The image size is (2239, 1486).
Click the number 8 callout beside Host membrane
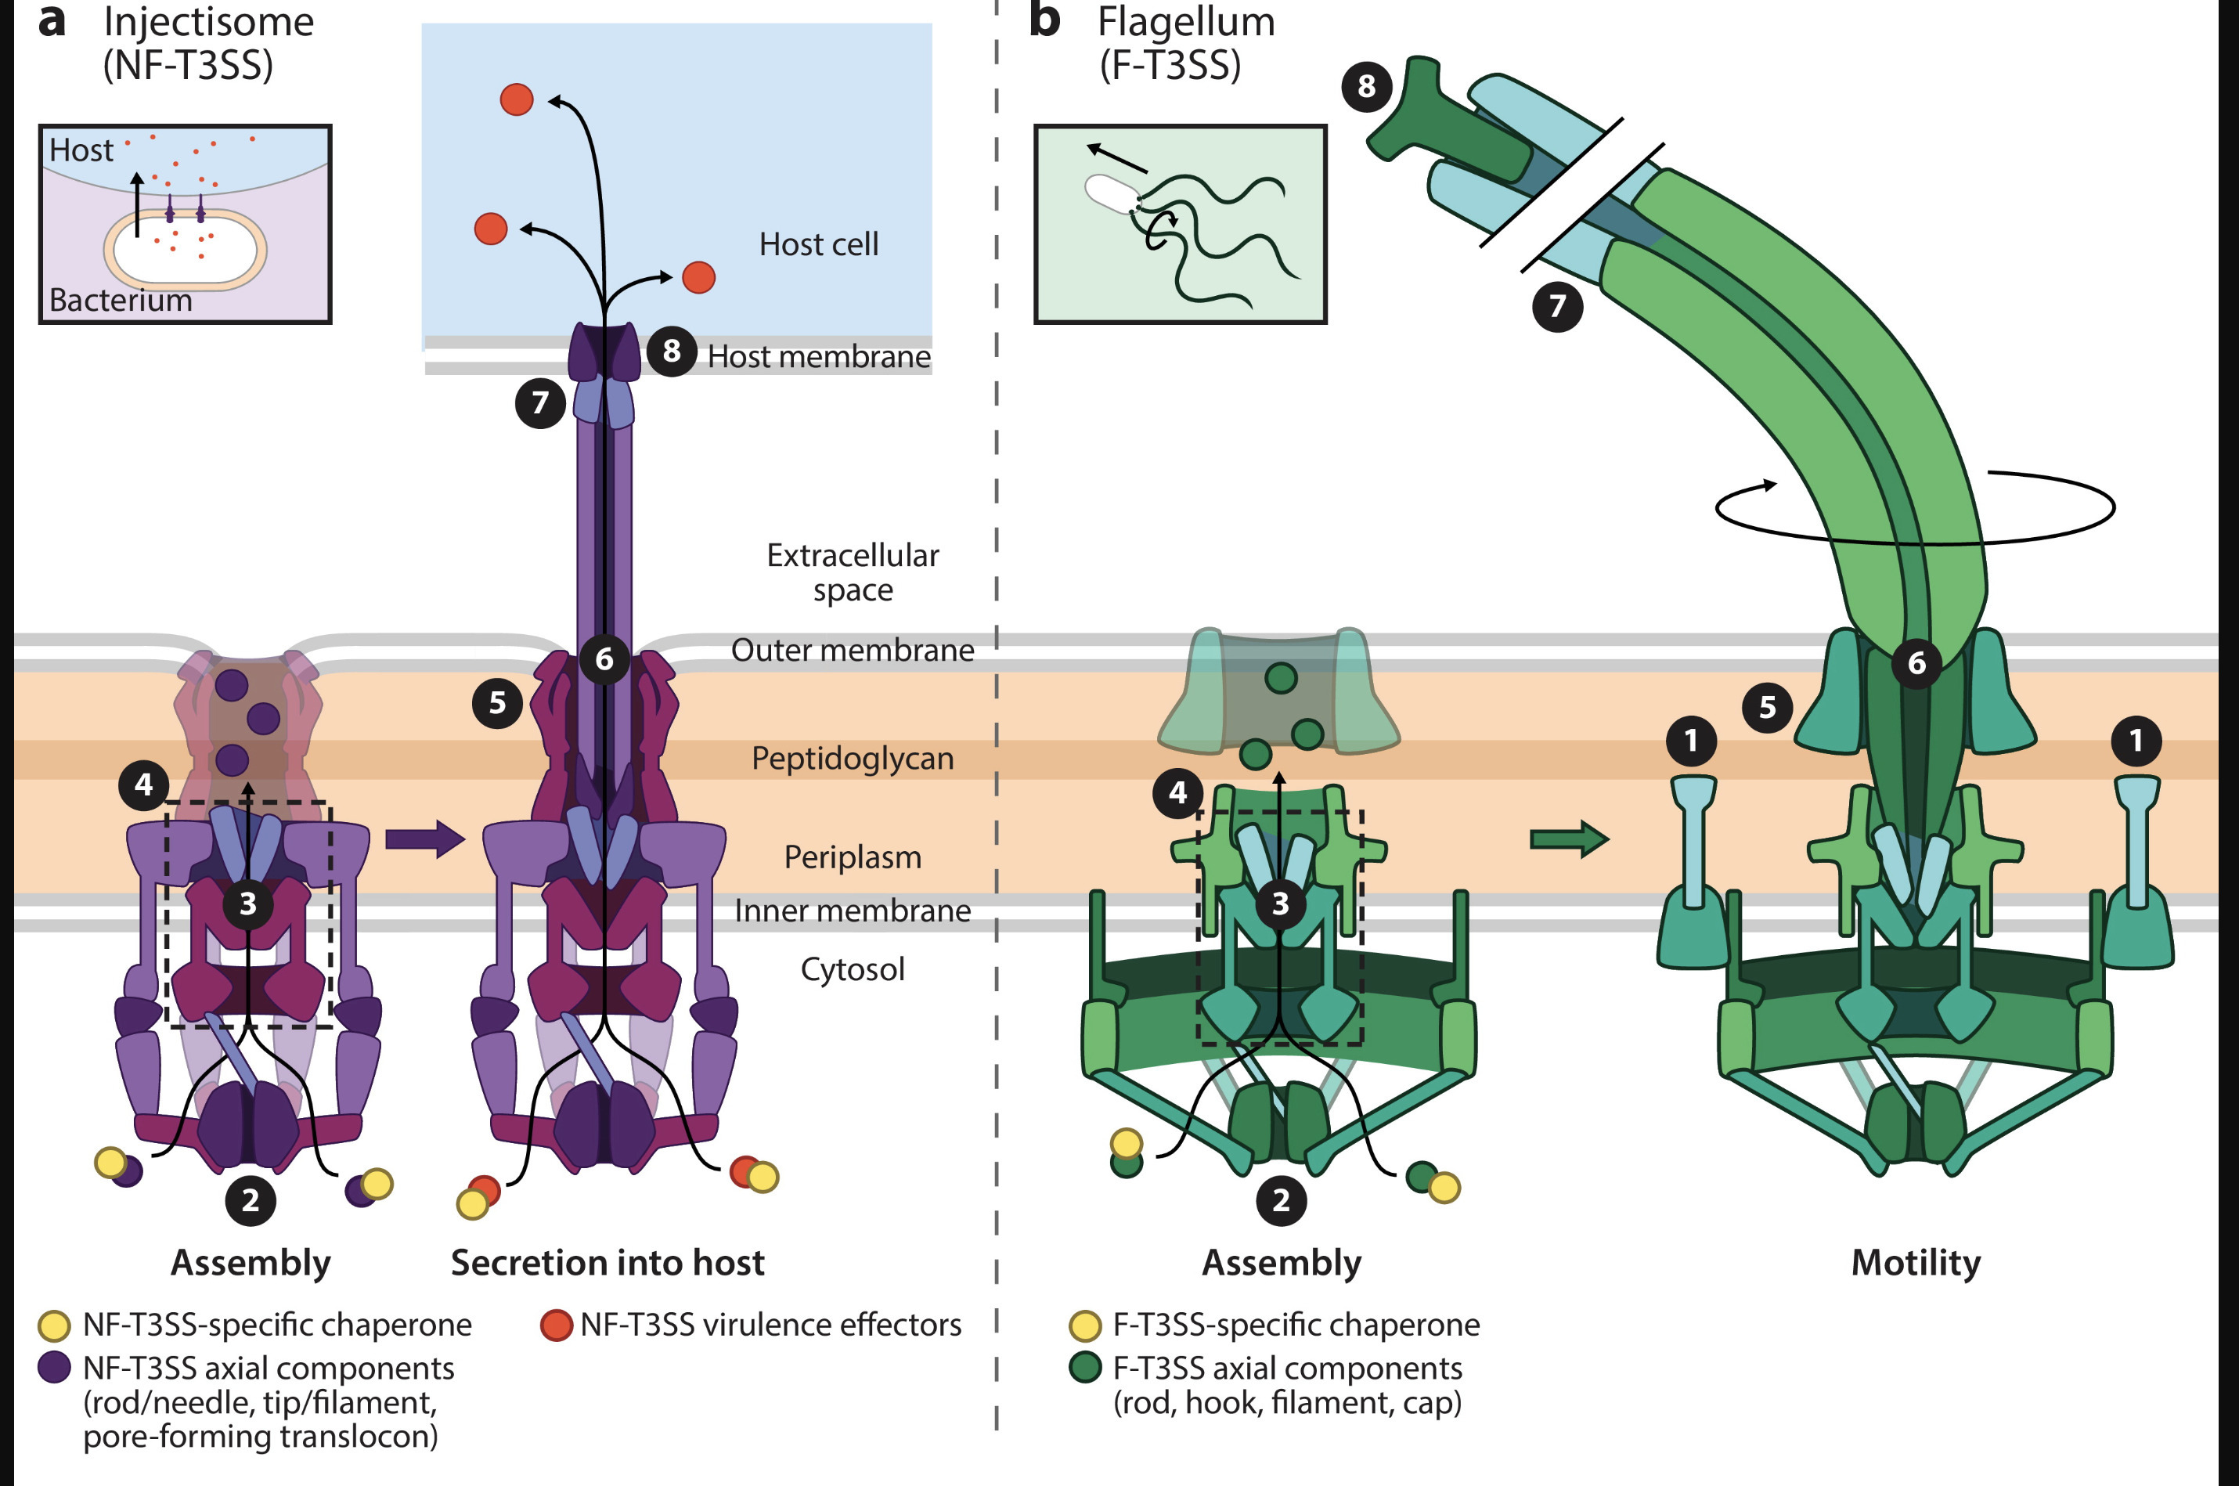tap(672, 351)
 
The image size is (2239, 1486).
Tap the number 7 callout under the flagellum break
tap(1557, 306)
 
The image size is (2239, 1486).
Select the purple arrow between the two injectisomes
tap(424, 839)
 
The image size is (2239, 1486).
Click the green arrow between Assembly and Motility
tap(1569, 839)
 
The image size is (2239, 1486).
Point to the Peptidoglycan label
tap(852, 758)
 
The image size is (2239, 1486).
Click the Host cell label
tap(819, 244)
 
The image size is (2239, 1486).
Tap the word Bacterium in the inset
tap(121, 301)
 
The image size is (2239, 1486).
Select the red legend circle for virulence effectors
tap(556, 1325)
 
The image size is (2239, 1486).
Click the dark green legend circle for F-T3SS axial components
tap(1085, 1368)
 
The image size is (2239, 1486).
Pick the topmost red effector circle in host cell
tap(517, 99)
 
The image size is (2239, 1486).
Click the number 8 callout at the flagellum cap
tap(1365, 86)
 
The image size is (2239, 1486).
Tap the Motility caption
tap(1915, 1264)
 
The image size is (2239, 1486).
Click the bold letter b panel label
tap(1044, 21)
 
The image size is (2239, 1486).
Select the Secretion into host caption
tap(608, 1264)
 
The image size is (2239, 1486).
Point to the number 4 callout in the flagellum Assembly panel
tap(1177, 792)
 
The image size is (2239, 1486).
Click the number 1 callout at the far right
tap(2136, 740)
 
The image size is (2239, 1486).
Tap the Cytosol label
tap(852, 969)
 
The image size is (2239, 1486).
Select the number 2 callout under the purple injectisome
tap(251, 1201)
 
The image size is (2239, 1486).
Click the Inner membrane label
tap(852, 911)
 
